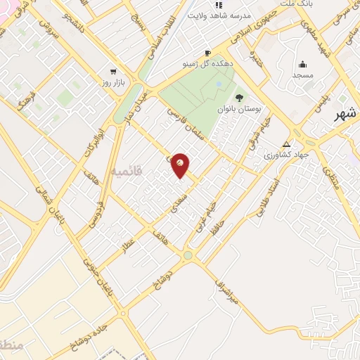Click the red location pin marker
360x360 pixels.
[181, 165]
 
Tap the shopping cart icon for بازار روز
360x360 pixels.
[113, 71]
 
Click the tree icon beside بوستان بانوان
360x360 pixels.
[239, 98]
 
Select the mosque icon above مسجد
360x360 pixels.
[302, 65]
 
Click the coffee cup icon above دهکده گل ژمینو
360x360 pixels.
[207, 53]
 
